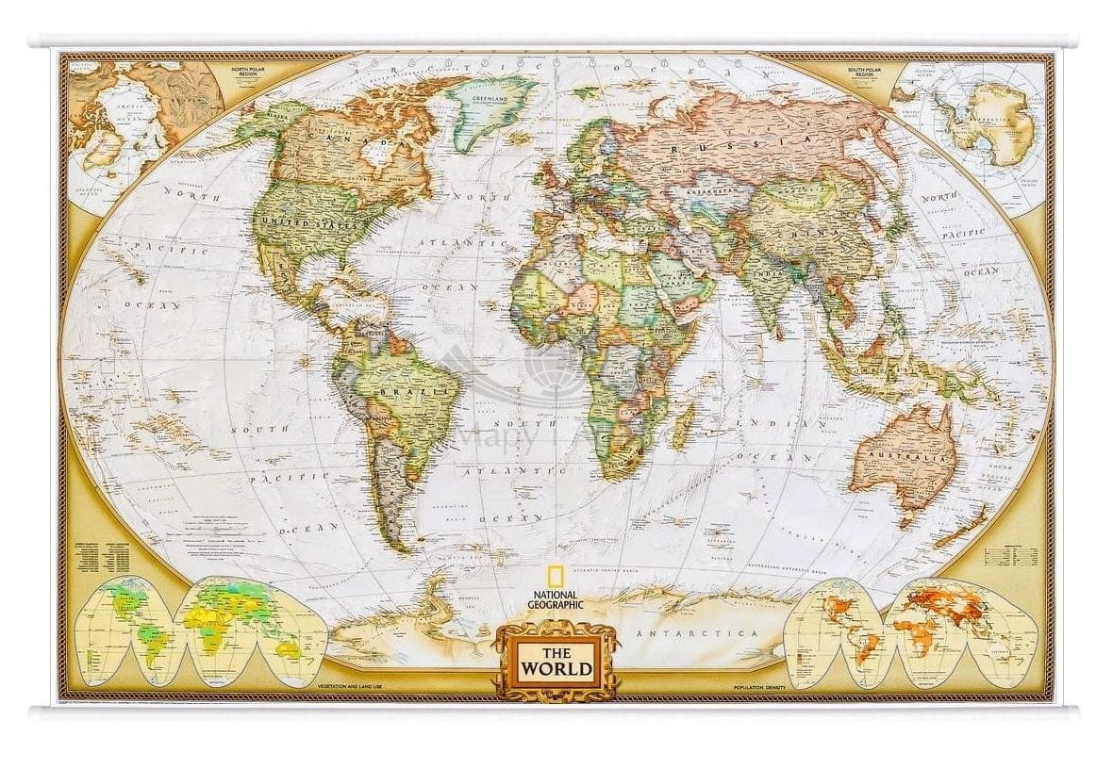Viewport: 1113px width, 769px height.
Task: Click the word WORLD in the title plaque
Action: click(x=556, y=670)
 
